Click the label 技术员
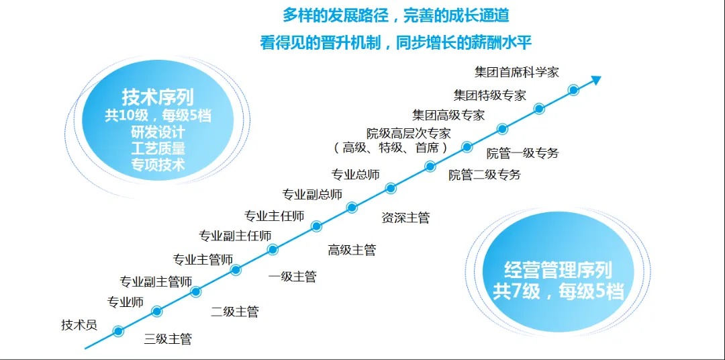pyautogui.click(x=79, y=325)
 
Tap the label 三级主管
pyautogui.click(x=168, y=339)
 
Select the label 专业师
pyautogui.click(x=126, y=302)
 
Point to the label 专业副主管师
pyautogui.click(x=156, y=281)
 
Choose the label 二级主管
pyautogui.click(x=234, y=312)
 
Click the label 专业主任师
pyautogui.click(x=274, y=216)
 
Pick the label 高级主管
pyautogui.click(x=352, y=250)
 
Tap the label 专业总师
pyautogui.click(x=356, y=175)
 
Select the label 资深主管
pyautogui.click(x=405, y=218)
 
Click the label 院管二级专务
pyautogui.click(x=485, y=175)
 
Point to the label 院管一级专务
pyautogui.click(x=522, y=153)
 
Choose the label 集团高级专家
pyautogui.click(x=448, y=115)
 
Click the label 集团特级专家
pyautogui.click(x=489, y=95)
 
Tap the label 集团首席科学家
pyautogui.click(x=516, y=72)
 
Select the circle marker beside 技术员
pyautogui.click(x=118, y=331)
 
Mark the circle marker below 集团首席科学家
pyautogui.click(x=573, y=90)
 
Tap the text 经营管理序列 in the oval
pyautogui.click(x=558, y=271)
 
